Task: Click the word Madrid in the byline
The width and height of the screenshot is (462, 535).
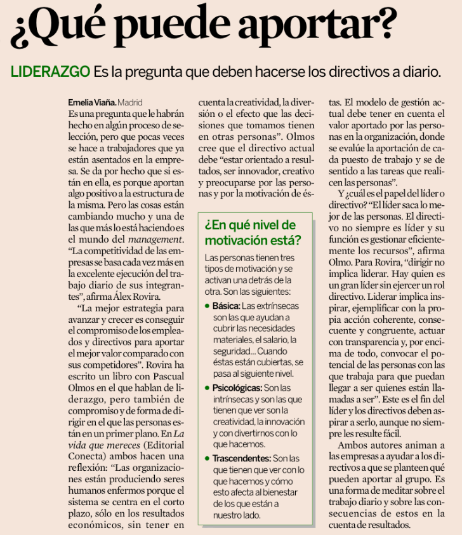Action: click(x=130, y=102)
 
